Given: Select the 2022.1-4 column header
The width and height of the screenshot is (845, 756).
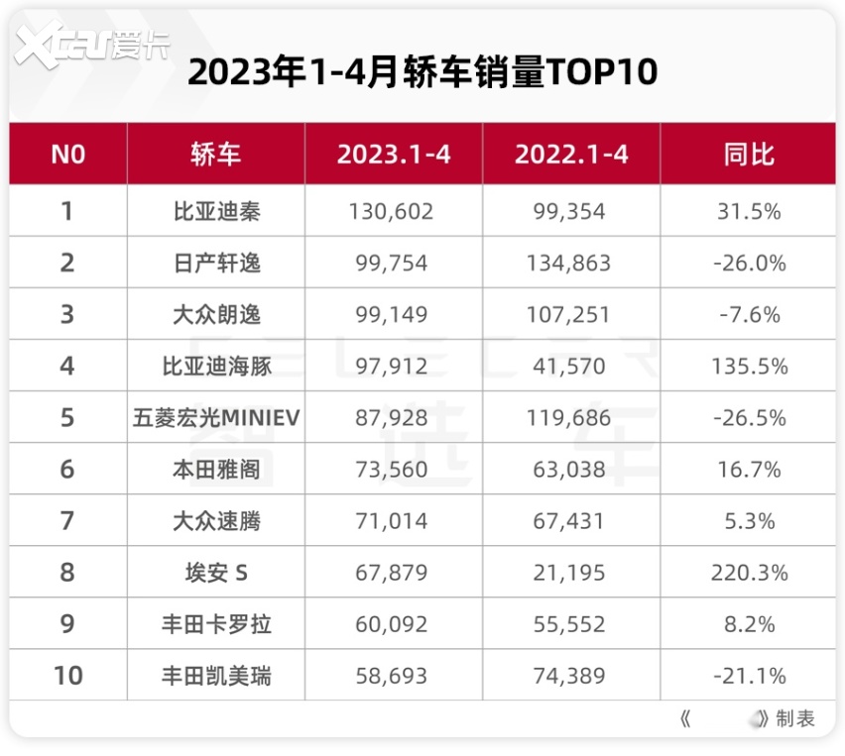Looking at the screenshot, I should pyautogui.click(x=571, y=154).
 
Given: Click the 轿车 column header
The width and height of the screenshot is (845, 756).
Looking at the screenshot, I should pyautogui.click(x=216, y=154).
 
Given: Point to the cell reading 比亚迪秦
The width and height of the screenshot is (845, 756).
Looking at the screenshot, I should pyautogui.click(x=216, y=211).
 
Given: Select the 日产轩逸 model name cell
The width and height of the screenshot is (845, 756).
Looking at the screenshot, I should pyautogui.click(x=216, y=263).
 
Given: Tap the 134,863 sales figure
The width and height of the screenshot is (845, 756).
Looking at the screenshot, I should pyautogui.click(x=571, y=263).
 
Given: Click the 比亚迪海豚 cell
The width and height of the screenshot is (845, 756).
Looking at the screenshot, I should pyautogui.click(x=216, y=366).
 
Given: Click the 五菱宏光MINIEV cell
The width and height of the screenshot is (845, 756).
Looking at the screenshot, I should pyautogui.click(x=216, y=417).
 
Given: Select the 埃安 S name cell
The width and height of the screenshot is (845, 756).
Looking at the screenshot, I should pyautogui.click(x=216, y=572).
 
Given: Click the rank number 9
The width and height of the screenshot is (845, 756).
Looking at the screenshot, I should pyautogui.click(x=67, y=624).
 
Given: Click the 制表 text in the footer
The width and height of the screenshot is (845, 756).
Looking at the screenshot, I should pyautogui.click(x=795, y=719).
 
